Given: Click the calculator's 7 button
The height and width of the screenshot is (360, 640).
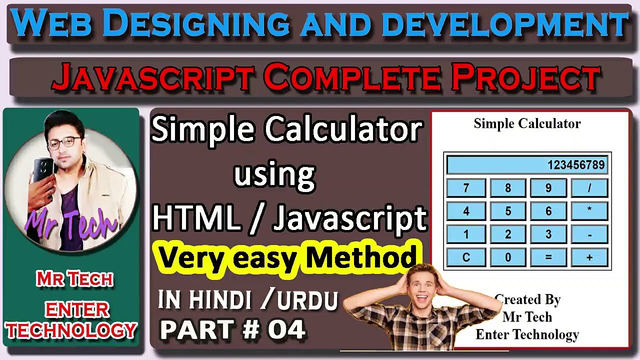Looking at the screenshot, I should [466, 188].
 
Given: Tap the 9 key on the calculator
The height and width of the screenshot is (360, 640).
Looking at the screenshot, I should [548, 188].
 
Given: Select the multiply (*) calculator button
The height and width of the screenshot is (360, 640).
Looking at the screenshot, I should [589, 211].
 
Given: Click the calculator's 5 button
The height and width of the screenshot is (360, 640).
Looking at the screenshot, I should [507, 211].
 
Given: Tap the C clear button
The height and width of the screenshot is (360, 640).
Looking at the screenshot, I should [466, 257].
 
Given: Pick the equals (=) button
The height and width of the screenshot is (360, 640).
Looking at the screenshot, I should [548, 257].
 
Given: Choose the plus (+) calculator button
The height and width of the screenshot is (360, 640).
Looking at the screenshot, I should [589, 257].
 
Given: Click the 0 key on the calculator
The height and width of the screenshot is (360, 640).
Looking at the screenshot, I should [507, 257].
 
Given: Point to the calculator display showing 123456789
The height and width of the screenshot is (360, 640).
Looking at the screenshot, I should [527, 165].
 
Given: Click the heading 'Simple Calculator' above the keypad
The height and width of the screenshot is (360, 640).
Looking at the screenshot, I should [527, 123].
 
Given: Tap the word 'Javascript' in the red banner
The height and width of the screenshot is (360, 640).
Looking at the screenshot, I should [152, 78].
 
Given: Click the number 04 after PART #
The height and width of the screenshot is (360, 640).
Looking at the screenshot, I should [286, 329].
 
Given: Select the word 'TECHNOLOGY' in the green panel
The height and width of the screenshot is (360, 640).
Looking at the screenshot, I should [71, 330].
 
